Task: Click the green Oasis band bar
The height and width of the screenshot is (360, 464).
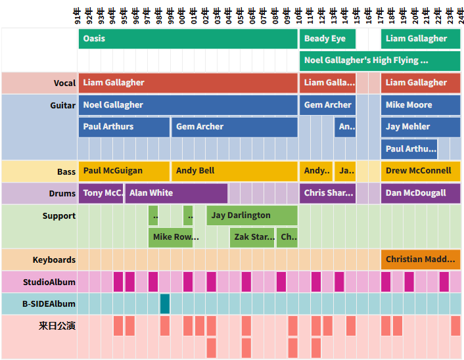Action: coord(188,39)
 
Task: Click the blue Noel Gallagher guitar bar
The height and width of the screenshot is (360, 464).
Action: coord(188,105)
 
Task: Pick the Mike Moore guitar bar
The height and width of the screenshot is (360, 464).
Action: coord(421,105)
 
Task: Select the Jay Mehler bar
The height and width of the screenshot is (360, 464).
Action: coord(421,127)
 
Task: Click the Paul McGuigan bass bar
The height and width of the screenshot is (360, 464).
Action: coord(124,171)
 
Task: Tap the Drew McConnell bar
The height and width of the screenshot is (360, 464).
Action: coord(421,171)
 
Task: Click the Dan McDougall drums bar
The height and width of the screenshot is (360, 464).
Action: coord(421,193)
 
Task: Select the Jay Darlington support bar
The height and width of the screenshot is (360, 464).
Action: coord(252,215)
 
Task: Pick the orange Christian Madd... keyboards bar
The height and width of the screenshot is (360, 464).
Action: coord(421,259)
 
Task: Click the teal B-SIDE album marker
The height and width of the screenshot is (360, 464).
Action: coord(165,304)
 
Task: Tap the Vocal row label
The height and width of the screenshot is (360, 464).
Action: coord(64,83)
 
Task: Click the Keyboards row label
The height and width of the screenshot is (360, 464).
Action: coord(54,260)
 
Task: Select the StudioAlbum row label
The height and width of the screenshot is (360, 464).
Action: coord(49,282)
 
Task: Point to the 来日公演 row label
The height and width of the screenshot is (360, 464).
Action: coord(57,325)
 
